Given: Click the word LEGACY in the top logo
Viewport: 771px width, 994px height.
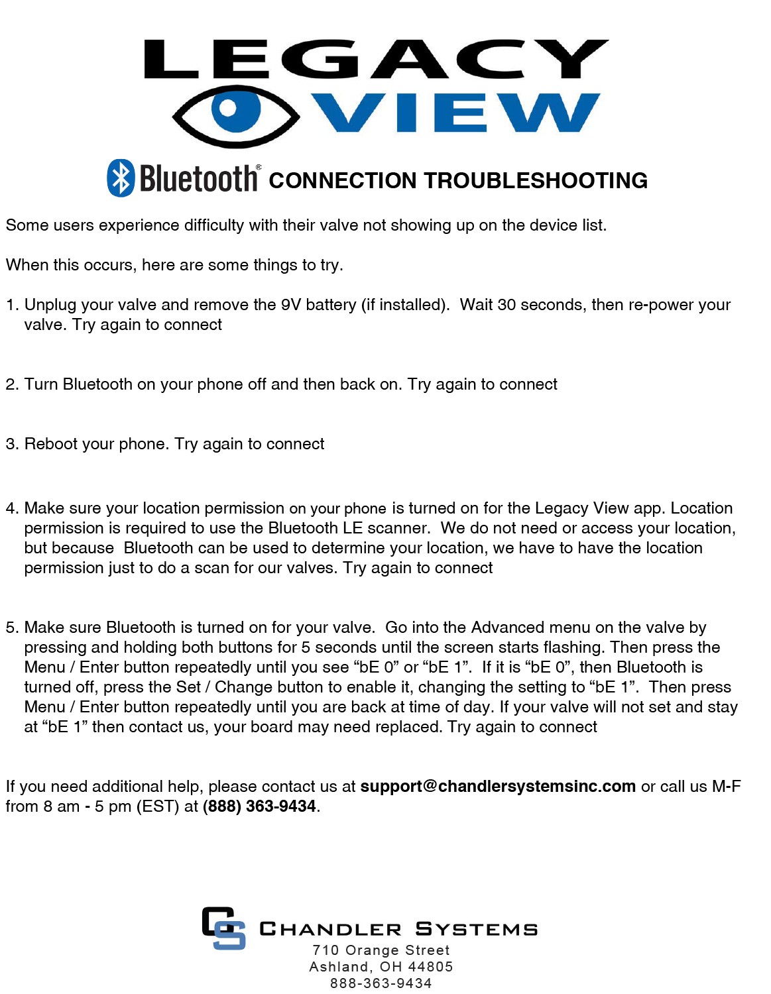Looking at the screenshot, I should [x=376, y=59].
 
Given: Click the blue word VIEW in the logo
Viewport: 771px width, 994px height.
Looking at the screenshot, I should [x=456, y=113].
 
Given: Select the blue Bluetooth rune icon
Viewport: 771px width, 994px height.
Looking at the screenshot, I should [x=121, y=178].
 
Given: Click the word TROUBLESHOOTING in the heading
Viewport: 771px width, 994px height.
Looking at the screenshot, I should [x=536, y=180].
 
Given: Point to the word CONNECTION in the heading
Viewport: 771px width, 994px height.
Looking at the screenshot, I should [x=342, y=180].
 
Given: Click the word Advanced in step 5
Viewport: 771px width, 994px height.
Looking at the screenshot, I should [x=508, y=628].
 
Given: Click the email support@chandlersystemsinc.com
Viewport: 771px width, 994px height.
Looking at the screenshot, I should [x=498, y=787].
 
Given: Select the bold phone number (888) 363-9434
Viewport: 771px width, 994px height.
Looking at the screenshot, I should [x=259, y=806].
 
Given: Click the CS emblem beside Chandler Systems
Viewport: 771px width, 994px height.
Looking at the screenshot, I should [x=223, y=928].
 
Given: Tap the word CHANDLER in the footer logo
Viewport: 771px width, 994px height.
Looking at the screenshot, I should [x=330, y=929].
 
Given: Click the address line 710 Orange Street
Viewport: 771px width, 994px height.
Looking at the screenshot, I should [x=381, y=950].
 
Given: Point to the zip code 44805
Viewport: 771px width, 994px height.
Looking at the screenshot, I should [x=430, y=967].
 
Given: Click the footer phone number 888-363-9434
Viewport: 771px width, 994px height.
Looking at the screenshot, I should [x=381, y=983].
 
